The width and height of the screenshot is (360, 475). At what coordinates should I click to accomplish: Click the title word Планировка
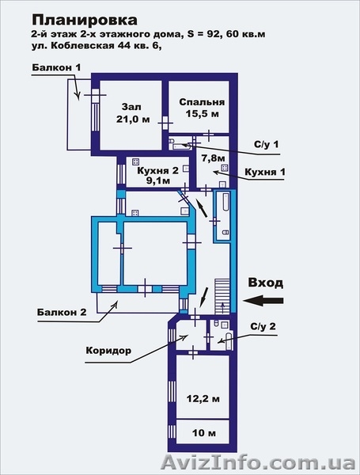click(x=85, y=21)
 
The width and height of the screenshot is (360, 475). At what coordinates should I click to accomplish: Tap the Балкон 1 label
click(x=57, y=67)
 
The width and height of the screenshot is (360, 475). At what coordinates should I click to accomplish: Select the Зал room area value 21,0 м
click(x=133, y=119)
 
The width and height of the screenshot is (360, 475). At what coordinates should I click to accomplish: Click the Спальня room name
click(x=202, y=102)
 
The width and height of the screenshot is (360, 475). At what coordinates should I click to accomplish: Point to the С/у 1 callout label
click(x=266, y=144)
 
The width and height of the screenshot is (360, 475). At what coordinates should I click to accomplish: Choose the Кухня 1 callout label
click(x=264, y=172)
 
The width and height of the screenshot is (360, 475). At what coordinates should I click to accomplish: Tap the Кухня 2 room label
click(x=157, y=170)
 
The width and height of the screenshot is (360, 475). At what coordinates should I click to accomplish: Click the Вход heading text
click(x=266, y=283)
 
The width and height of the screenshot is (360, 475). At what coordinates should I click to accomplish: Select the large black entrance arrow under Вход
click(x=263, y=301)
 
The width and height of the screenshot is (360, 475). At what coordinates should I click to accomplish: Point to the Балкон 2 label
click(x=62, y=312)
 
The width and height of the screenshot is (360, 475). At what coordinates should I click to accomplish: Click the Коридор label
click(x=108, y=351)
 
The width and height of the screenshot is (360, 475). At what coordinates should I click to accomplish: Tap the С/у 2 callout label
click(x=263, y=326)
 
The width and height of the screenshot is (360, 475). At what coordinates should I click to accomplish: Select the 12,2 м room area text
click(x=203, y=399)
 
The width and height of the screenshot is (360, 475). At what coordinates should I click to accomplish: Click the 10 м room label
click(x=204, y=433)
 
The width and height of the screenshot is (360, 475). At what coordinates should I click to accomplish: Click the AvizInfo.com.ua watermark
click(x=259, y=463)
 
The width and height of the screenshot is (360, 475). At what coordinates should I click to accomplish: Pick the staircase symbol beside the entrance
click(x=223, y=296)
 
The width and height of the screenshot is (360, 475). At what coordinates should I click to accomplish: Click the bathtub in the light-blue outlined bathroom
click(x=225, y=203)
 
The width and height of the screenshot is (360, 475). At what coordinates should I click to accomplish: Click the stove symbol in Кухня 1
click(x=225, y=168)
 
